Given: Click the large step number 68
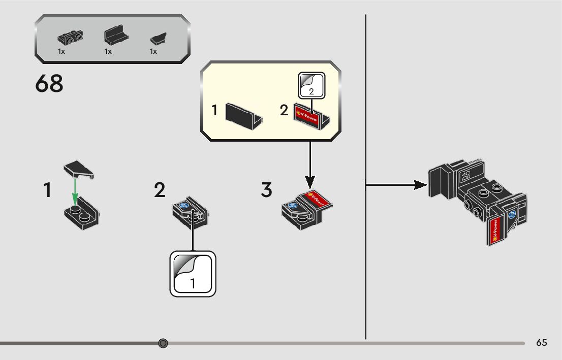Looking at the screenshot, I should [49, 84].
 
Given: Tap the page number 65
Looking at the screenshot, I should [542, 343].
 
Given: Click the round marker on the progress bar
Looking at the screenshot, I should [163, 344].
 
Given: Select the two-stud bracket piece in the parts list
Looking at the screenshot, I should [70, 37].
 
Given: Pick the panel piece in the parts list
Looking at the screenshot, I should [116, 36].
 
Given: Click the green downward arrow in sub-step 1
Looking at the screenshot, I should [75, 192].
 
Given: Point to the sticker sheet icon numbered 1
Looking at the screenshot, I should [193, 274].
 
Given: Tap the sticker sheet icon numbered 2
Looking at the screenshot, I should [312, 85].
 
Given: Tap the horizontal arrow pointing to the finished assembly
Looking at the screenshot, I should [396, 185].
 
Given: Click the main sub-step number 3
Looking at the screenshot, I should [267, 190].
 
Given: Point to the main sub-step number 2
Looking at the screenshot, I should [160, 190].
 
